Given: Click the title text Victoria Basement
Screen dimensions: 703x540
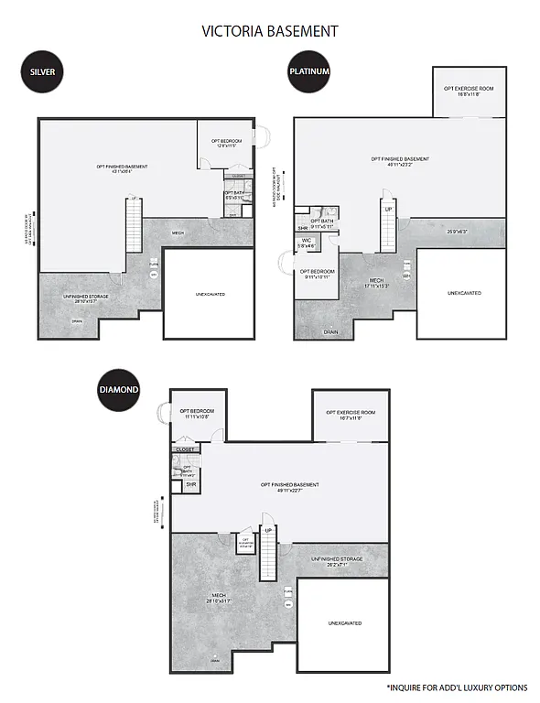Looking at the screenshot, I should (x=270, y=31).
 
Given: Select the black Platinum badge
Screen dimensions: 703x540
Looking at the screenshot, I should (x=308, y=71).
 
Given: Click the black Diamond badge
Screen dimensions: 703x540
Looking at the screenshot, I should (x=119, y=389).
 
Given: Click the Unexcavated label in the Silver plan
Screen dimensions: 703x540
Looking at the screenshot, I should (x=210, y=294).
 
